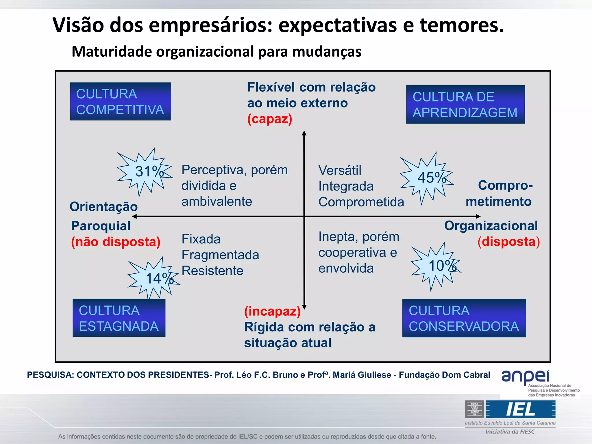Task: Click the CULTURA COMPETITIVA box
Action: pos(121,101)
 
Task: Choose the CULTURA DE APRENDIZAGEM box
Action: pos(465,104)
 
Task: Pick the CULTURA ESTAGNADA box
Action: pos(119,318)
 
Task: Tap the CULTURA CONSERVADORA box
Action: pos(464,318)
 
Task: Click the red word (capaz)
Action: pos(270,119)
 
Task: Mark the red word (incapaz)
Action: pos(272,311)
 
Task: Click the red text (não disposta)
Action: pos(116,242)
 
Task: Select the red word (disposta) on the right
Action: pos(509,241)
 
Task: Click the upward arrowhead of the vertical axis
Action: pos(304,133)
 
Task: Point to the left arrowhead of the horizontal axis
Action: pos(134,216)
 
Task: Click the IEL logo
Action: pos(520,409)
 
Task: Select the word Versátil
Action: pos(340,170)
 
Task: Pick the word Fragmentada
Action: pos(220,255)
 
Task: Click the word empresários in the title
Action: pos(210,25)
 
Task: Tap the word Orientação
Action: pos(103,207)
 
